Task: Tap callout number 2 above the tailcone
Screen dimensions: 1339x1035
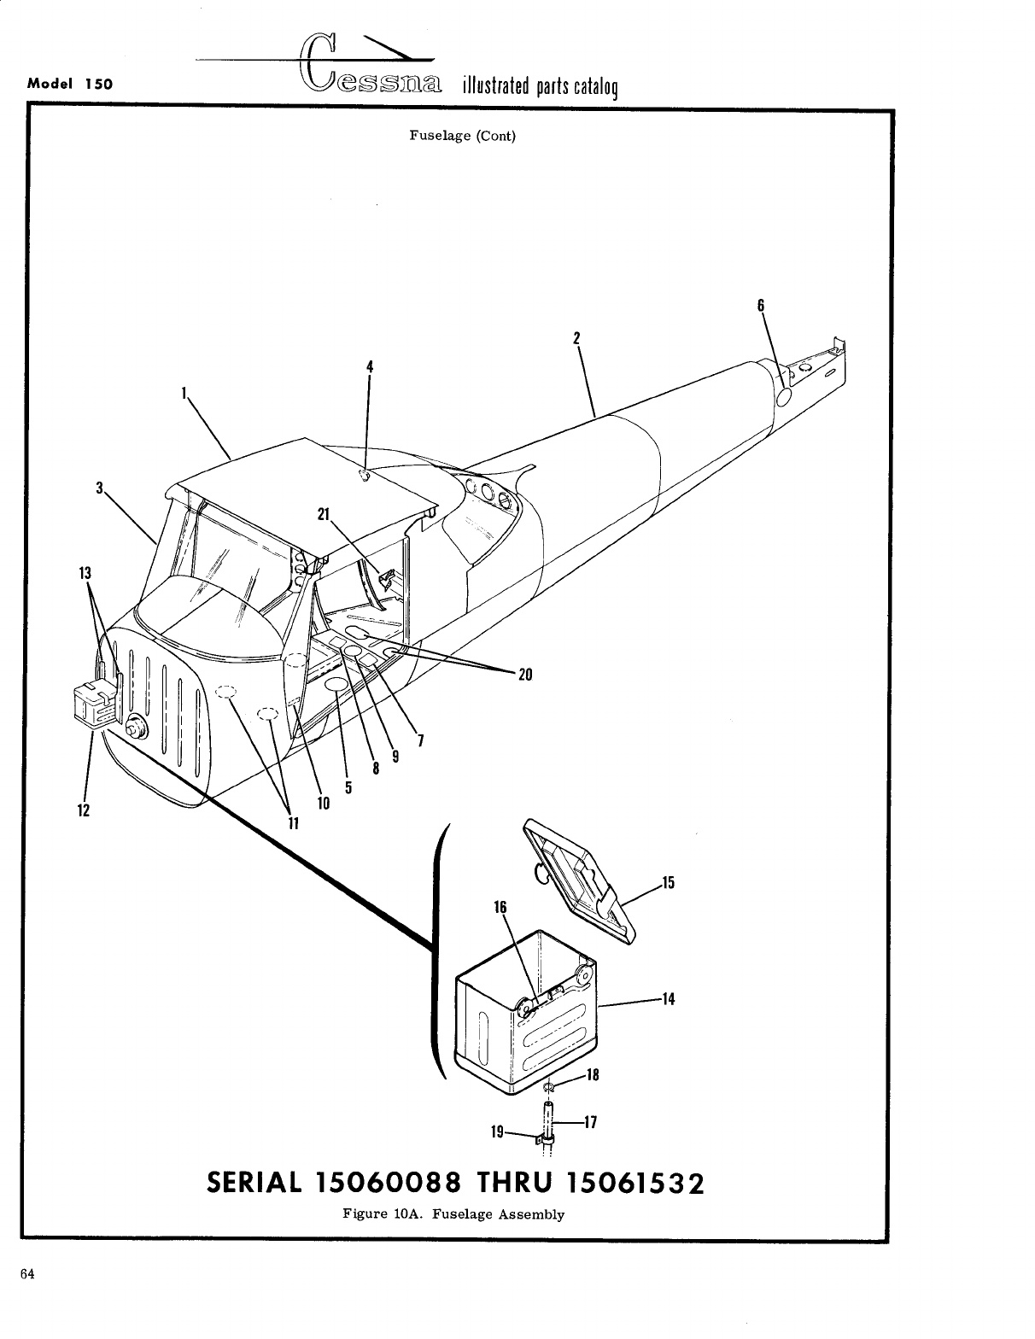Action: click(x=577, y=337)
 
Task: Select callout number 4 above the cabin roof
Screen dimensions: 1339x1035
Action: click(x=370, y=366)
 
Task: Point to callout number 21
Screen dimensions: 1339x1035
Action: click(x=323, y=513)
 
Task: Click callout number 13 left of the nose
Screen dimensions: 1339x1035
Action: click(x=85, y=572)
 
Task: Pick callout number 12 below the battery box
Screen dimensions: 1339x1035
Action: click(x=82, y=810)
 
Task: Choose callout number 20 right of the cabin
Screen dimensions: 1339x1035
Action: click(x=525, y=675)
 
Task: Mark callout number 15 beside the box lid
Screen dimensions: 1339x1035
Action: click(x=668, y=882)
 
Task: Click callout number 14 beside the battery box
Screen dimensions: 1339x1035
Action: click(x=669, y=998)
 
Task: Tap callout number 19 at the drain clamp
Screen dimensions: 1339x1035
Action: click(x=497, y=1132)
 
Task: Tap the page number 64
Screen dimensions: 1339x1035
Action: click(x=26, y=1274)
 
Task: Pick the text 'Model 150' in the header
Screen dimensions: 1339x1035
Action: click(x=72, y=85)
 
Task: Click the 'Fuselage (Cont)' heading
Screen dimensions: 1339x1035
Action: click(x=462, y=136)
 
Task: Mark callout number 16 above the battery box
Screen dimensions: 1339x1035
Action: click(x=500, y=907)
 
